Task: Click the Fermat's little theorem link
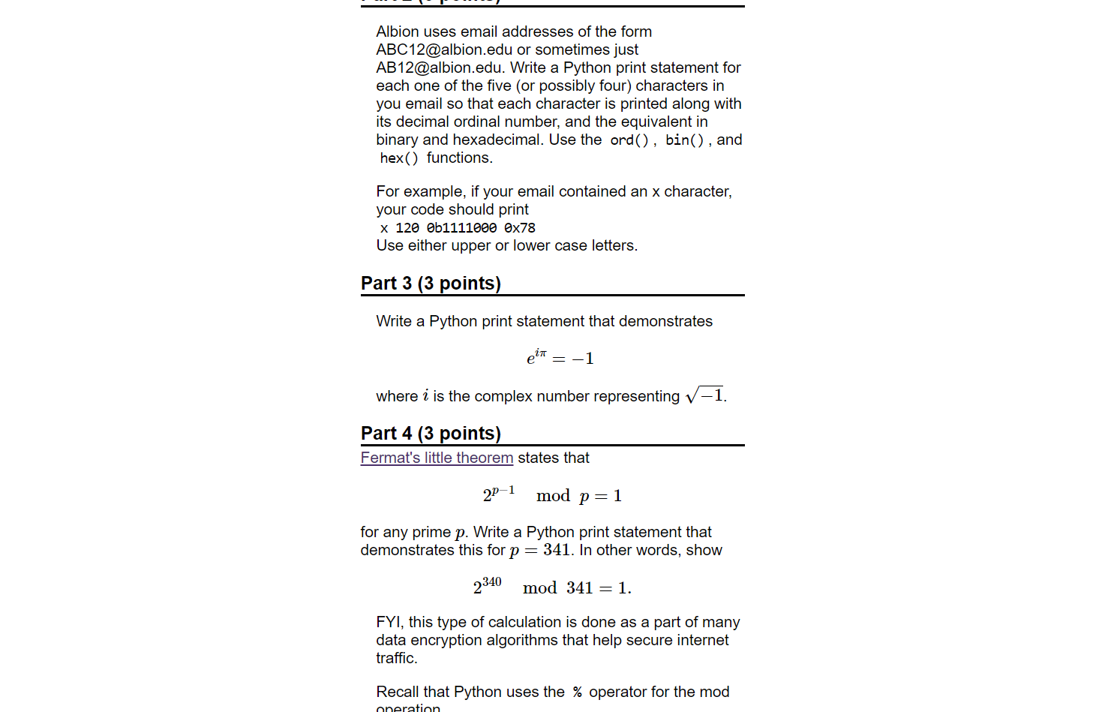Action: pyautogui.click(x=437, y=458)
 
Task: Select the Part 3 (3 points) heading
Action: pyautogui.click(x=431, y=284)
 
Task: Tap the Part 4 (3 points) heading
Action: pyautogui.click(x=431, y=434)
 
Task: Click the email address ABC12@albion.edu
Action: pyautogui.click(x=444, y=50)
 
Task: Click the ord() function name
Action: pyautogui.click(x=629, y=140)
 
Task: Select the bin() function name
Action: pyautogui.click(x=684, y=140)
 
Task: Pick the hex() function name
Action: pyautogui.click(x=399, y=158)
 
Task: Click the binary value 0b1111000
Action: pyautogui.click(x=461, y=228)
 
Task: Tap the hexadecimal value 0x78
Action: pyautogui.click(x=520, y=228)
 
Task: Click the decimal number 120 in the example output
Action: pyautogui.click(x=407, y=228)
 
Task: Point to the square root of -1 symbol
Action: pyautogui.click(x=704, y=395)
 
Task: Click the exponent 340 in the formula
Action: pyautogui.click(x=491, y=582)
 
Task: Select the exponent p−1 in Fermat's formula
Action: pyautogui.click(x=503, y=490)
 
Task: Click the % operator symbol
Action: pyautogui.click(x=577, y=692)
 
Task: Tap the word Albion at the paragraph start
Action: pyautogui.click(x=398, y=32)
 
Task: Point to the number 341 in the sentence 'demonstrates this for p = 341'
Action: pyautogui.click(x=557, y=550)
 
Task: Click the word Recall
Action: pyautogui.click(x=399, y=692)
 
